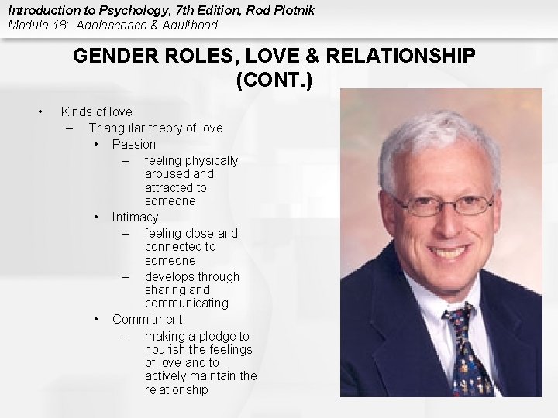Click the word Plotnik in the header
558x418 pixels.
(x=267, y=10)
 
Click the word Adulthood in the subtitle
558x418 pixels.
(x=188, y=25)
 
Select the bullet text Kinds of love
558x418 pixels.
(x=96, y=111)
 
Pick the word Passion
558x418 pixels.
(x=133, y=144)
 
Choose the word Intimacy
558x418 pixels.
(x=135, y=217)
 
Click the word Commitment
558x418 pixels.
(x=147, y=319)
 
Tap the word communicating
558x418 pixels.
(x=186, y=303)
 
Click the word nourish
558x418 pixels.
(x=165, y=349)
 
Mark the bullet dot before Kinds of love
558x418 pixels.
(x=40, y=111)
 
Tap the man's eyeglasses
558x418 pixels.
(x=442, y=205)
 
